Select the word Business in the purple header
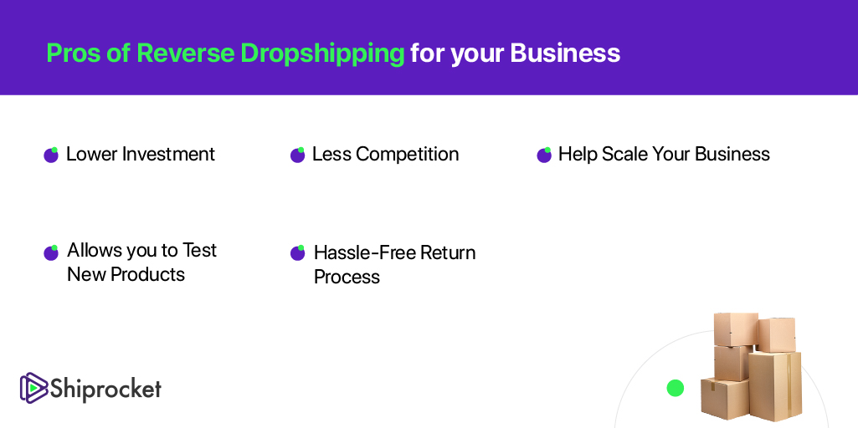click(565, 53)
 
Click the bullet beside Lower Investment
click(51, 155)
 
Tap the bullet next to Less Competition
click(298, 155)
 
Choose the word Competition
click(407, 155)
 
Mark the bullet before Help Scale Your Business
click(544, 155)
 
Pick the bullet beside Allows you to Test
click(51, 252)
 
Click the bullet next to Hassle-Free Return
click(298, 252)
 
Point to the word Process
click(347, 277)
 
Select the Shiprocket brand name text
click(106, 389)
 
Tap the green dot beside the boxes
click(676, 388)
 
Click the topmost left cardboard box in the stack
click(736, 329)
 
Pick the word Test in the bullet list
click(199, 250)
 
